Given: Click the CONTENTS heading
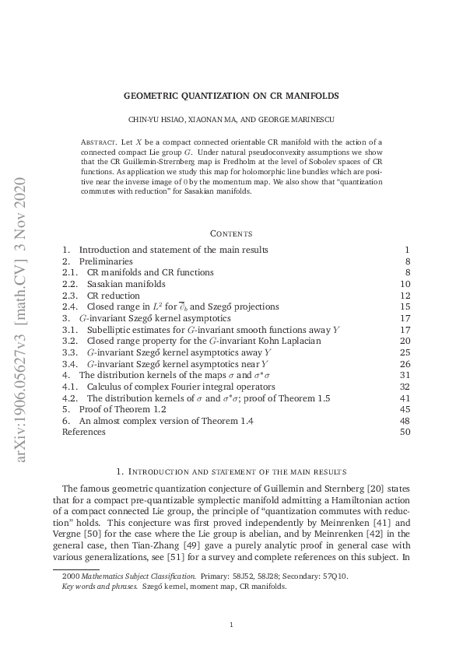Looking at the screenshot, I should pyautogui.click(x=231, y=233).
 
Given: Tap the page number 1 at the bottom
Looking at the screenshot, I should pyautogui.click(x=232, y=625).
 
